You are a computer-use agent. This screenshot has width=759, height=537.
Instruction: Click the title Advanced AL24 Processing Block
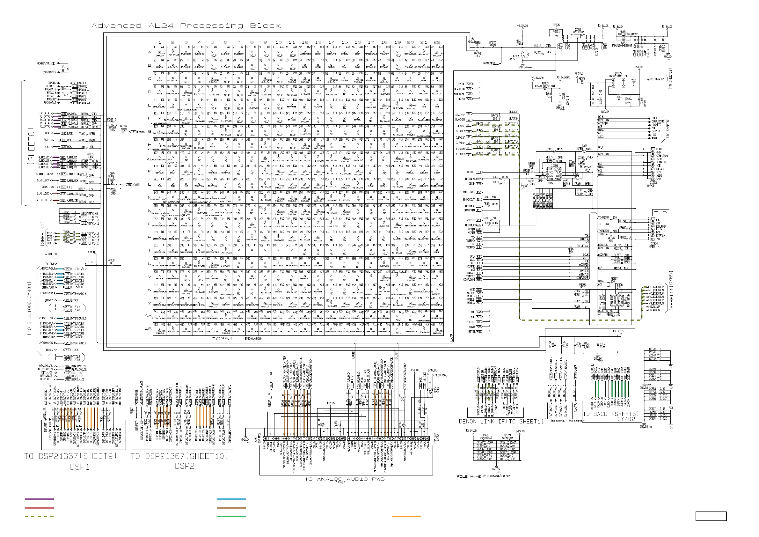click(186, 26)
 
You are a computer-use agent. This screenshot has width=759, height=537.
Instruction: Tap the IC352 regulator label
click(578, 29)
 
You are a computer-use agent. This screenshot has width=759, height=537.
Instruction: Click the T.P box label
click(660, 213)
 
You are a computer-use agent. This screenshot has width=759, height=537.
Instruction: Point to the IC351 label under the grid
click(222, 339)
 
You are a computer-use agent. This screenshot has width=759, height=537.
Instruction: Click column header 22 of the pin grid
click(437, 42)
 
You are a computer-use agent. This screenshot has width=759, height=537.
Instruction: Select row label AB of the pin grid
click(148, 329)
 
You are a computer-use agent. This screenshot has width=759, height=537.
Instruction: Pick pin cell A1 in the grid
click(159, 52)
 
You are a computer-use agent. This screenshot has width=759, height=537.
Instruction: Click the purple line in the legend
click(39, 499)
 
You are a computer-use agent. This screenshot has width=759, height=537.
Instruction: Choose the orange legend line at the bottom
click(406, 516)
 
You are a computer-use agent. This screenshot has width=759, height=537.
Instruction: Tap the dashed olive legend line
click(39, 516)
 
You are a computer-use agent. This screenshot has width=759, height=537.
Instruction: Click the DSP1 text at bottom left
click(79, 467)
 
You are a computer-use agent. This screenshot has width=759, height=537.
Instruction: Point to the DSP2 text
click(185, 466)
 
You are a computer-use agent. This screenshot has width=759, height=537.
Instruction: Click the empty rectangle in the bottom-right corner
click(711, 516)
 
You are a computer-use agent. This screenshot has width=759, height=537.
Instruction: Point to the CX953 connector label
click(653, 182)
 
